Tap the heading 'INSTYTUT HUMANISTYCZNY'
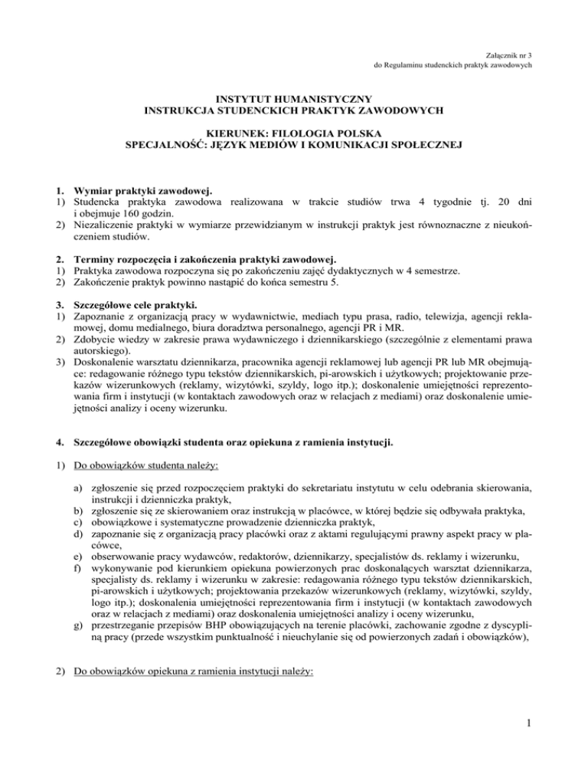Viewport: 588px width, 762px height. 294,100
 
